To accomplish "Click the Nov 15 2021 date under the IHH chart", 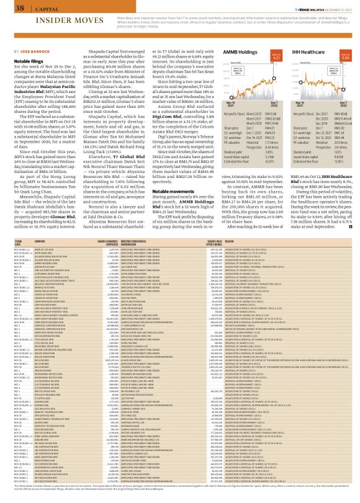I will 292,105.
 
